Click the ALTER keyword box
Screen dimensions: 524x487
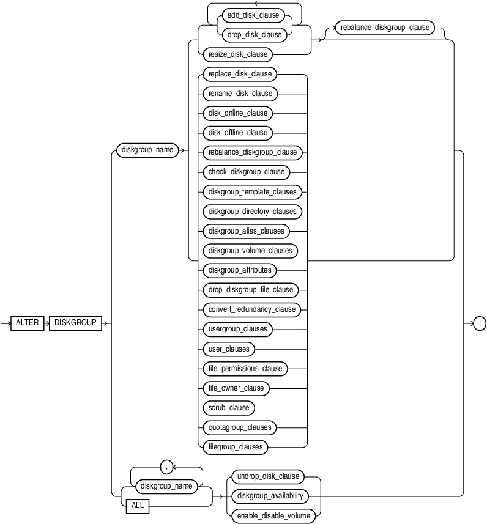pos(28,322)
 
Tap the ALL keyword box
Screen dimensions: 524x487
pos(138,505)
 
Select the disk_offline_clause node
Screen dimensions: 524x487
pos(237,132)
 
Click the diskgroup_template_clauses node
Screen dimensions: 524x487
pos(251,191)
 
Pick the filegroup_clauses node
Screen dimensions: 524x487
pos(235,446)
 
